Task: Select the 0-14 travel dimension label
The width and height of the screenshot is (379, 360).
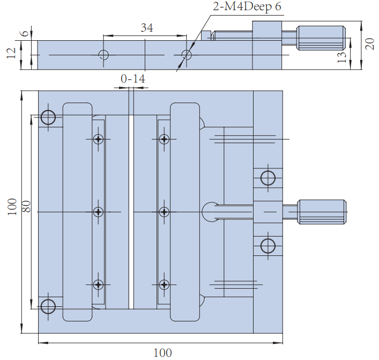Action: click(x=132, y=79)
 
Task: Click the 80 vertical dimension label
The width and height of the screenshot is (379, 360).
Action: click(x=26, y=207)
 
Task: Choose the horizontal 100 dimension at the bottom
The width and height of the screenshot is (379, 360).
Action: click(x=162, y=352)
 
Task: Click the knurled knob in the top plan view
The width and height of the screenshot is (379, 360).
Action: click(x=322, y=212)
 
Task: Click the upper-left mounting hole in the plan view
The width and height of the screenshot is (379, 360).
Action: click(x=48, y=117)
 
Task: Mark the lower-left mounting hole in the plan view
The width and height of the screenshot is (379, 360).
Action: click(x=48, y=306)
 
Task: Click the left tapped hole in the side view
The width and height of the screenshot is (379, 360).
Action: click(x=104, y=55)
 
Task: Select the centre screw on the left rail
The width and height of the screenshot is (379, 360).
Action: click(x=98, y=212)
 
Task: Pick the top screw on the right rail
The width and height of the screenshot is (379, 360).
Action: click(x=164, y=139)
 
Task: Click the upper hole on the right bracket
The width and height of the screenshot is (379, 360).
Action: click(x=267, y=177)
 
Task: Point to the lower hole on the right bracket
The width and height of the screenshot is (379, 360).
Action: click(x=267, y=246)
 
